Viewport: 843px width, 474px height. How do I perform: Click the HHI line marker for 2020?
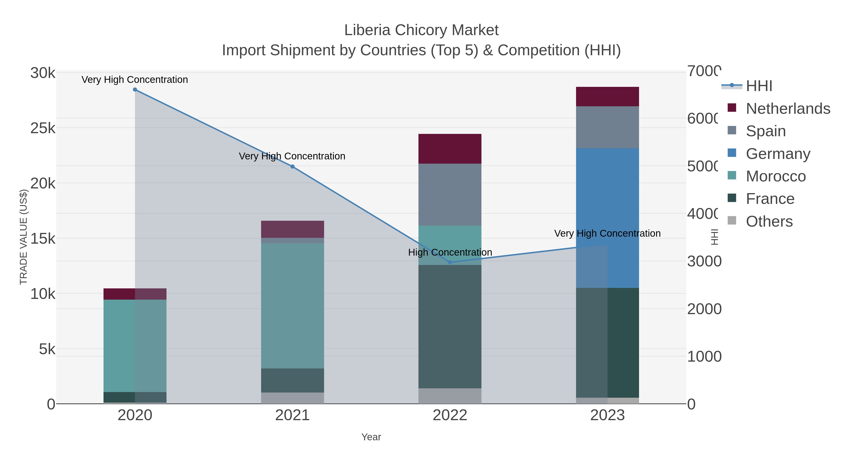coord(135,90)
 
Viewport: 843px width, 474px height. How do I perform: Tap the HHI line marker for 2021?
coord(292,166)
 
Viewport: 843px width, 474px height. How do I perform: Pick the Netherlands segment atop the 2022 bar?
coord(450,149)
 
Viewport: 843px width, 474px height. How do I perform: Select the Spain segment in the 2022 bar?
coord(450,195)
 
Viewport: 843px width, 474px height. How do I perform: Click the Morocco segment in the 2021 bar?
coord(292,306)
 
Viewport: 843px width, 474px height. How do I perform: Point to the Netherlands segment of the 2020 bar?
coord(135,294)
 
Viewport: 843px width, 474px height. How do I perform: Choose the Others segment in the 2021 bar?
coord(292,398)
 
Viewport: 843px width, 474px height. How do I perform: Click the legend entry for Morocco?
coord(775,176)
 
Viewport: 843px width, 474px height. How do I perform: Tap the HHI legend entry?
coord(758,86)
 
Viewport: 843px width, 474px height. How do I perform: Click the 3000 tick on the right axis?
coord(704,261)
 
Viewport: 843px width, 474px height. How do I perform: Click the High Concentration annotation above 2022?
coord(450,252)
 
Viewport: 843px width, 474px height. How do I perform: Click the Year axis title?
coord(371,437)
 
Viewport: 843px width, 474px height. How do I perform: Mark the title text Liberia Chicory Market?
coord(421,30)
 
